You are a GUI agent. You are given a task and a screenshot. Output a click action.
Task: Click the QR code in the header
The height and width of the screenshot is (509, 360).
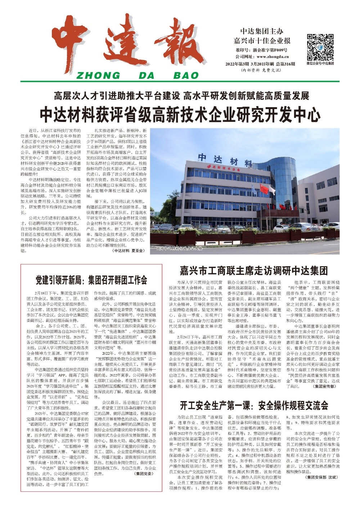(320, 47)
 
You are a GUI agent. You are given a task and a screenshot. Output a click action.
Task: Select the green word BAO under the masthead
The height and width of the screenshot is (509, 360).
(186, 75)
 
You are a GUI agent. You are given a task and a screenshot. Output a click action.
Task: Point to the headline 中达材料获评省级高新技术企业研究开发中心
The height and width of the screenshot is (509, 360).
(180, 114)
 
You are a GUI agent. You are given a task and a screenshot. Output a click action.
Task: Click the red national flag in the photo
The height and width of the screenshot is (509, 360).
(264, 188)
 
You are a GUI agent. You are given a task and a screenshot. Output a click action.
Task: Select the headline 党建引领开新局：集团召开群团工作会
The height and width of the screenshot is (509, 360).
(91, 280)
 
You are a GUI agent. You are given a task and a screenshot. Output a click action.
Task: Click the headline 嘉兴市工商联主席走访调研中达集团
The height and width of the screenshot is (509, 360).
(253, 270)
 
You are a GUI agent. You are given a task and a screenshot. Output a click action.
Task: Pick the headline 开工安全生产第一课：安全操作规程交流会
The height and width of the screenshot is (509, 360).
(254, 405)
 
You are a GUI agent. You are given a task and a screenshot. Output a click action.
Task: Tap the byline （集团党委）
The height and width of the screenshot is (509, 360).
(144, 474)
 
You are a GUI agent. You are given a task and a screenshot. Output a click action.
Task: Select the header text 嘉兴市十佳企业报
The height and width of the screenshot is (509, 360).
(262, 40)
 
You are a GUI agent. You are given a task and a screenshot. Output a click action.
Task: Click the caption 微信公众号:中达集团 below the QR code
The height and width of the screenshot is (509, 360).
(320, 63)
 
